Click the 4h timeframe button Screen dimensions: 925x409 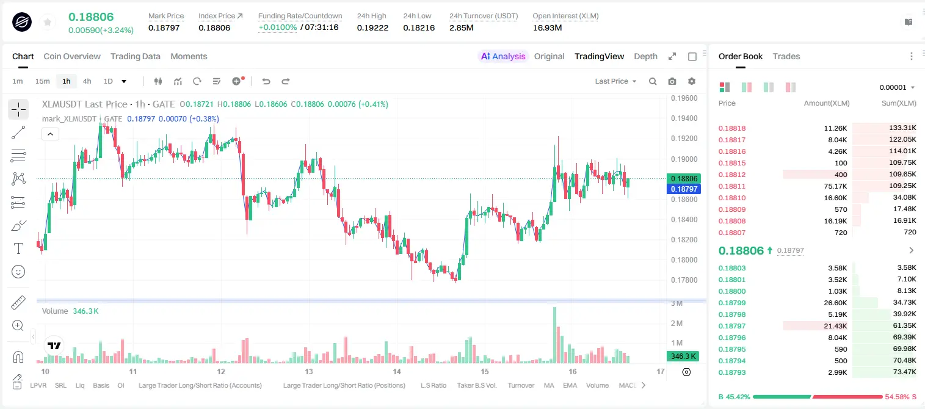(x=87, y=81)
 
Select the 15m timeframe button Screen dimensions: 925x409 (x=43, y=81)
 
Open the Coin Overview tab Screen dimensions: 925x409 (x=72, y=56)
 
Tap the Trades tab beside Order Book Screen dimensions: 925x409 (x=786, y=56)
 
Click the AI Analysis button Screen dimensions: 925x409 (x=503, y=56)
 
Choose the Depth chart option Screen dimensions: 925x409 (x=645, y=56)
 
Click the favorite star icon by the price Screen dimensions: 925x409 (x=48, y=22)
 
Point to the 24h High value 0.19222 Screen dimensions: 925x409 (x=372, y=27)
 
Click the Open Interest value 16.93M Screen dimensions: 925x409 (x=547, y=27)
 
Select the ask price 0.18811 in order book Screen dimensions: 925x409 (x=731, y=186)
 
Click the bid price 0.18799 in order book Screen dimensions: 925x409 (x=731, y=303)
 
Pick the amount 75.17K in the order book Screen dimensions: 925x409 (x=835, y=186)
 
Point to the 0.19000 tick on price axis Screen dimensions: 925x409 (x=684, y=159)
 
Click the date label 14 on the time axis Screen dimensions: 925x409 (x=397, y=371)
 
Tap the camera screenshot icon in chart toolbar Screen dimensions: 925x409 (x=672, y=81)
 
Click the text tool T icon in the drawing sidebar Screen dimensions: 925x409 (x=18, y=248)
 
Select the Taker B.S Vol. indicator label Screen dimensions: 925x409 (x=476, y=385)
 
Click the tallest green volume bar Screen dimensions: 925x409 (x=554, y=335)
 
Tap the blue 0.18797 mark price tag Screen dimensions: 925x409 (x=684, y=189)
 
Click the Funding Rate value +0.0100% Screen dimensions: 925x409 (x=277, y=27)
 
